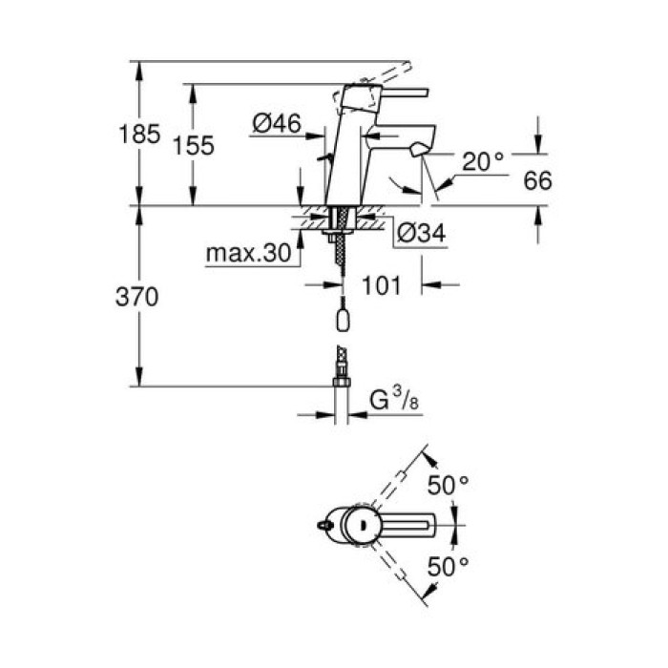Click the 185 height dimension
point(140,134)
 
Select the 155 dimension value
point(194,145)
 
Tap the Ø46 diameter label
point(277,123)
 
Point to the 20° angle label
point(483,162)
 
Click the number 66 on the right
point(538,180)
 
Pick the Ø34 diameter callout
point(416,231)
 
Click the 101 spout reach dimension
point(381,284)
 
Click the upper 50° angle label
point(449,485)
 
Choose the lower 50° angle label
point(449,567)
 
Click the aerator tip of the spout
point(417,151)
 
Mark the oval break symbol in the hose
point(341,320)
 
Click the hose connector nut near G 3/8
point(341,382)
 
